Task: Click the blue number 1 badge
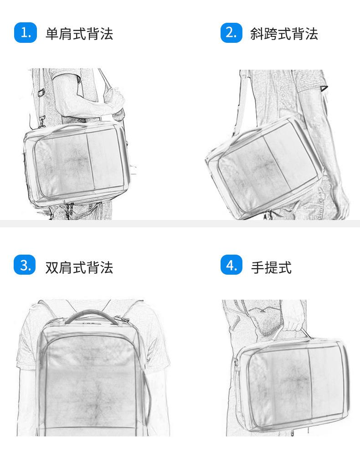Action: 25,32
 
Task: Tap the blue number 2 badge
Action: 231,32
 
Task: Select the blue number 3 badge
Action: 25,265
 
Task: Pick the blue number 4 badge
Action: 231,265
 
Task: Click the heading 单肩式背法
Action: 79,34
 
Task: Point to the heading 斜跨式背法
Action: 284,34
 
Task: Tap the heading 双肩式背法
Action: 79,267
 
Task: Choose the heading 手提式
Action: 271,267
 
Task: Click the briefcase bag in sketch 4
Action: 292,383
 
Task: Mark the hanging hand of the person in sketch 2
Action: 339,200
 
